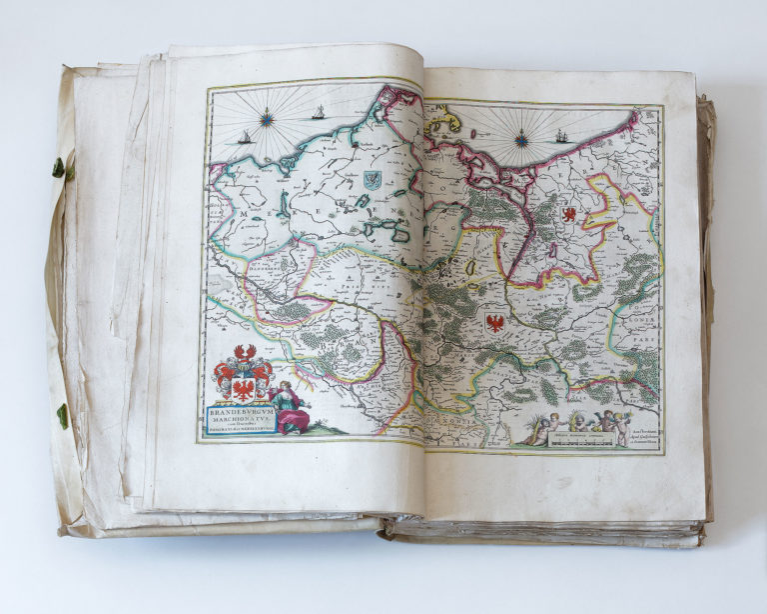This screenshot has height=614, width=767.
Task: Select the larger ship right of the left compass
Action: point(319,113)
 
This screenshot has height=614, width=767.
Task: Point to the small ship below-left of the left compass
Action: point(245,137)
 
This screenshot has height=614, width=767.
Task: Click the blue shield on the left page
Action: point(372,180)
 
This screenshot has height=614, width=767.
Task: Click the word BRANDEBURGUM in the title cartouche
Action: point(241,410)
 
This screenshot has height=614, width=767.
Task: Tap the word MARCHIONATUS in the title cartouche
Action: point(241,417)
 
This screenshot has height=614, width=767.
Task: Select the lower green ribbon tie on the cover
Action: point(62,415)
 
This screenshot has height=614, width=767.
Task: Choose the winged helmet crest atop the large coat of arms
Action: point(243,353)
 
